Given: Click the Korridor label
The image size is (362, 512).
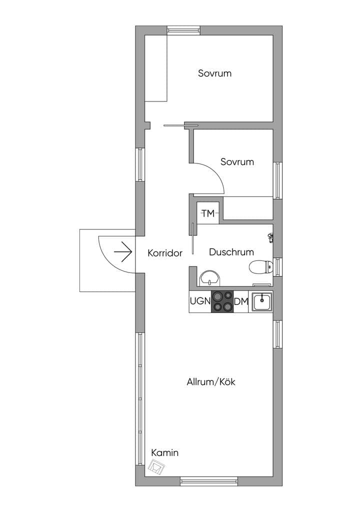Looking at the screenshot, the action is coord(165,253).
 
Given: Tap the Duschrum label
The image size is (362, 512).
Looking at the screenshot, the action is coord(231,252).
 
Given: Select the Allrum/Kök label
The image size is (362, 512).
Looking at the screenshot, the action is coord(211,381).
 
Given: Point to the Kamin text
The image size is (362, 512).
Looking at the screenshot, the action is coord(165,453).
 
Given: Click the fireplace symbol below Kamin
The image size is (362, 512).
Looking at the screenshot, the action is coord(156,466).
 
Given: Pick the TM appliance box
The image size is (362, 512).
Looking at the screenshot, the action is coord(208,213).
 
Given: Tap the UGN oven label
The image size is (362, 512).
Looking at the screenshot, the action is coord(200,300).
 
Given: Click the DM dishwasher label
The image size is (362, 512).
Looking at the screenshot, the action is coord(241,301).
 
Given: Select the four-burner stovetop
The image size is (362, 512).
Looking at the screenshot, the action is coord(222,301).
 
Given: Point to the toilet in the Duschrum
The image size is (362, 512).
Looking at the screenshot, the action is coord(261,267).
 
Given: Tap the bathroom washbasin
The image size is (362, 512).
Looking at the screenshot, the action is coord(209,278).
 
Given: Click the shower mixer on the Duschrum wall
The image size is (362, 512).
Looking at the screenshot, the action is coord(270,237).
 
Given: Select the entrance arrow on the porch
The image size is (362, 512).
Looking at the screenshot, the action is coord(123,252).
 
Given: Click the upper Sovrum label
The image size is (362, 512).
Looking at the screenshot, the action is coord(215,73).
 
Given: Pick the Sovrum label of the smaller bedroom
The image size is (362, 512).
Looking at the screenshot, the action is coord(237,161).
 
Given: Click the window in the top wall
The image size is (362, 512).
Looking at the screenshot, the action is coord(183,30).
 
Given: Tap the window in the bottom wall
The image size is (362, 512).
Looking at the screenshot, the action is coord(209,481).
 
